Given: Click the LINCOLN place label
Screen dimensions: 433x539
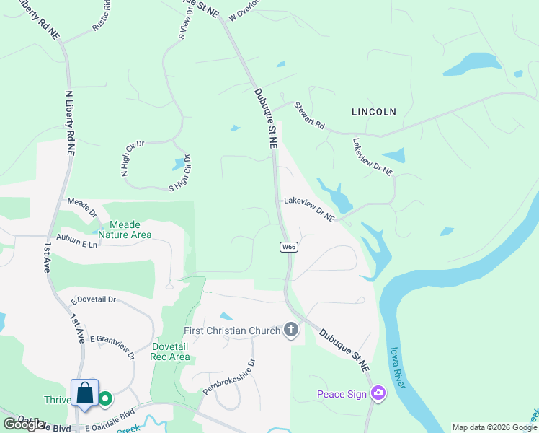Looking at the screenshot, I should [373, 112].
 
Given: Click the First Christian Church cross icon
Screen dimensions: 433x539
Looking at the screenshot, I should [291, 331].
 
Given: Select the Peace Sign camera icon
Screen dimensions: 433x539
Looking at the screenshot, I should [378, 393].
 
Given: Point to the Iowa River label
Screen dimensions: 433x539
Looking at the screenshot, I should [397, 367].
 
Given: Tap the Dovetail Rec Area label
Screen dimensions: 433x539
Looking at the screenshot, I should [170, 351].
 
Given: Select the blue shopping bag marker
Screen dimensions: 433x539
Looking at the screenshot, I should [84, 393].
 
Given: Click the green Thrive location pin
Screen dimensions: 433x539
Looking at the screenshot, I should [106, 398].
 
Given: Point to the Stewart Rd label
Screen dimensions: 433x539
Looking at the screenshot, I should [310, 115].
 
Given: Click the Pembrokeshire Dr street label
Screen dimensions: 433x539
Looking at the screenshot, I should [229, 377].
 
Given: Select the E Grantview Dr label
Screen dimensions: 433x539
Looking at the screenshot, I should [112, 346].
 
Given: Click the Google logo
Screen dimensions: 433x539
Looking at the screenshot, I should [24, 424].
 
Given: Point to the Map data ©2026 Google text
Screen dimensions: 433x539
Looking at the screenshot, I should [494, 427].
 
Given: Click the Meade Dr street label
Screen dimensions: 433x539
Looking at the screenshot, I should [81, 207].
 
